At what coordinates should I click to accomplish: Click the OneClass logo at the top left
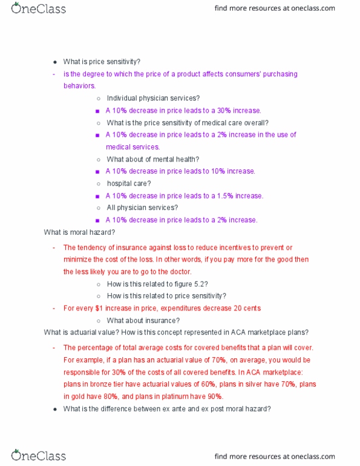38,8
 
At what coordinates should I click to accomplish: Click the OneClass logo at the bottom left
38,455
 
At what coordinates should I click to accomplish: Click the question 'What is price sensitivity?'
102,62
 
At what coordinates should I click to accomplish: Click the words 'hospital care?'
129,183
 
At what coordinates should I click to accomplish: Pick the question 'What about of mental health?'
153,159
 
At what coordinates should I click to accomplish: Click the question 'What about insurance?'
143,321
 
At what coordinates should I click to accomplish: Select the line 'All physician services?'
142,208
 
